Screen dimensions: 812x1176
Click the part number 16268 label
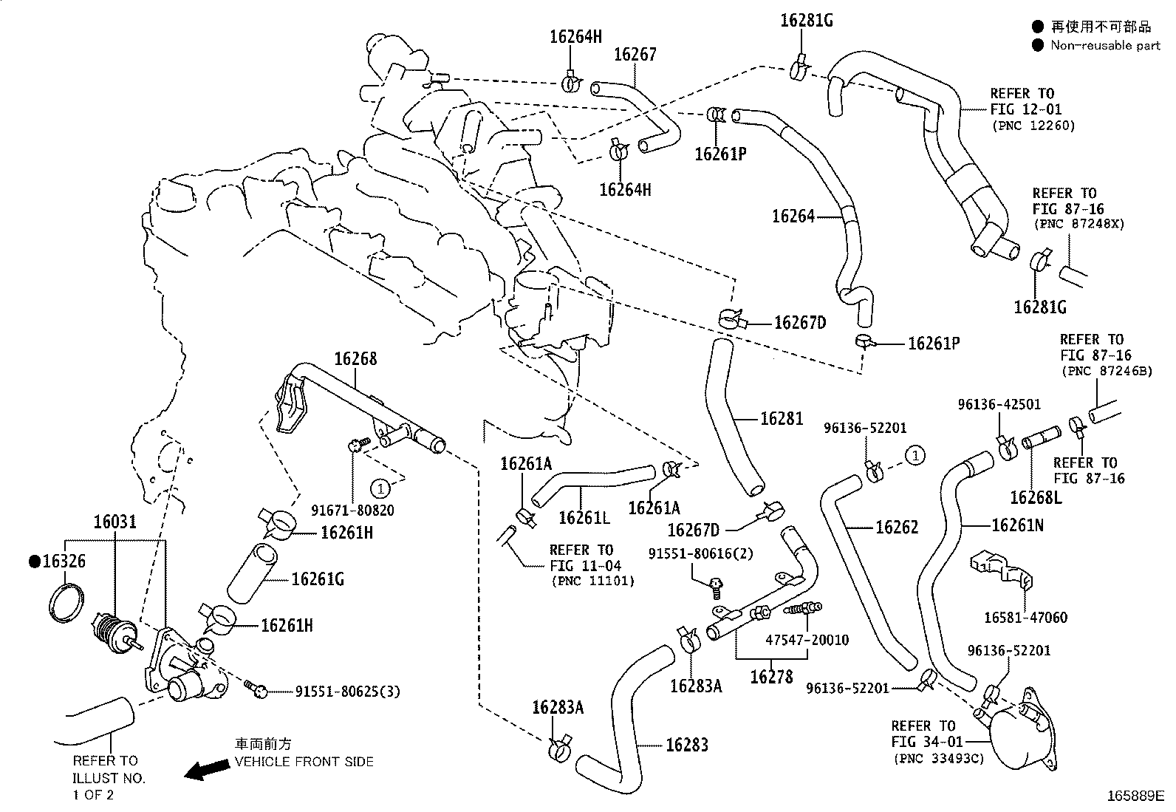click(355, 359)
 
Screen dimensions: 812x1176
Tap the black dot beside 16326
click(34, 562)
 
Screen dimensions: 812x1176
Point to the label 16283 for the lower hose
click(686, 745)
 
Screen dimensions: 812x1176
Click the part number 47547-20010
click(807, 640)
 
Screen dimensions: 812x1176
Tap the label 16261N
click(1017, 525)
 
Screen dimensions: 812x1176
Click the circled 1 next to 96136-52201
click(915, 455)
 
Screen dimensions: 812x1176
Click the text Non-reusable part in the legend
click(1106, 46)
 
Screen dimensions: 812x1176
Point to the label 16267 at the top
click(635, 55)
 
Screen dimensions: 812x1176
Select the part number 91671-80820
click(352, 511)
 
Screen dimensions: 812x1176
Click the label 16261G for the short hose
click(318, 579)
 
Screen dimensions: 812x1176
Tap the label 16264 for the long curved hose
click(793, 216)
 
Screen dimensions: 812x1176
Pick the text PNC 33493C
click(938, 758)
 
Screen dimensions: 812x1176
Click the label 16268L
click(1036, 497)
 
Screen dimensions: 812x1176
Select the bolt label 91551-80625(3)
click(347, 692)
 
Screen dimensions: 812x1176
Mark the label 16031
click(114, 522)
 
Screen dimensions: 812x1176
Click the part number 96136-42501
click(999, 404)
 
